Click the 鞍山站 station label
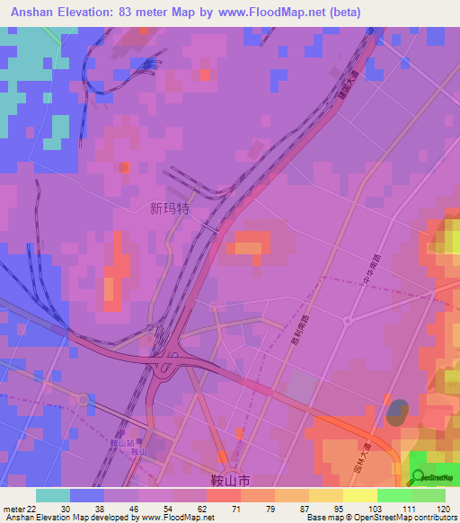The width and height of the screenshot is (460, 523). click(x=120, y=444)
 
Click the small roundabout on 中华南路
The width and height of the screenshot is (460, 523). click(x=347, y=319)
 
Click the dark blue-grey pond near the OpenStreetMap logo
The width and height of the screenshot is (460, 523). click(x=396, y=413)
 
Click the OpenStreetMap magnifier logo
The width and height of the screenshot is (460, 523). click(x=419, y=477)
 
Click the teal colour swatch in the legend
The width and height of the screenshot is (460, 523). click(x=52, y=495)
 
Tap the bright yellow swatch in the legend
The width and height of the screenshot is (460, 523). click(x=359, y=495)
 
